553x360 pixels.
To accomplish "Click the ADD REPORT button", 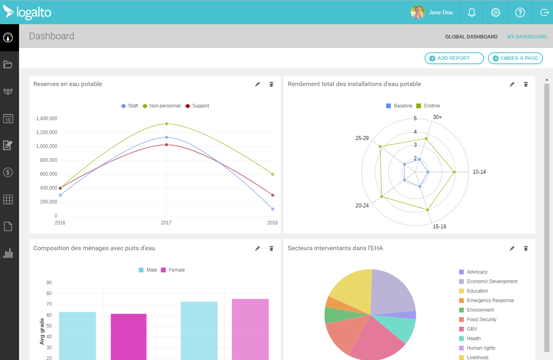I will pyautogui.click(x=454, y=58).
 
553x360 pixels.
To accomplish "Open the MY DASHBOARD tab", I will pyautogui.click(x=526, y=37).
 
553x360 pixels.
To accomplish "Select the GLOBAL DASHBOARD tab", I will pyautogui.click(x=471, y=37).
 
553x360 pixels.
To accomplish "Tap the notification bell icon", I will pyautogui.click(x=471, y=13).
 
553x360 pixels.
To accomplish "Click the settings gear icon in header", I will pyautogui.click(x=496, y=13).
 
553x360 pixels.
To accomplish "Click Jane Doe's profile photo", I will pyautogui.click(x=417, y=12).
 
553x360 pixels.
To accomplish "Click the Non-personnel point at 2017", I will pyautogui.click(x=166, y=124).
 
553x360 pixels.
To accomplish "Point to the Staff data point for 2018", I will pyautogui.click(x=273, y=209).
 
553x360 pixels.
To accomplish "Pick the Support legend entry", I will pyautogui.click(x=197, y=106).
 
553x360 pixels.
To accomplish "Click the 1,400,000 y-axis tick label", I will pyautogui.click(x=47, y=119).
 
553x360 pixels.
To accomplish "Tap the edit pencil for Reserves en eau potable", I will pyautogui.click(x=258, y=84).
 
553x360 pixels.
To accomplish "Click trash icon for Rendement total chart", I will pyautogui.click(x=526, y=84).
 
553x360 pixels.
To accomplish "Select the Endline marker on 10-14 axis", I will pyautogui.click(x=454, y=172).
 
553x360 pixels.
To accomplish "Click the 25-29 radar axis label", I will pyautogui.click(x=362, y=138).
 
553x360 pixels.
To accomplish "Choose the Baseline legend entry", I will pyautogui.click(x=399, y=106).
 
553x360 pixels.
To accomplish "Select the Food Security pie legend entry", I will pyautogui.click(x=481, y=320).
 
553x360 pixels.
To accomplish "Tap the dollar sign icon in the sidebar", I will pyautogui.click(x=8, y=172).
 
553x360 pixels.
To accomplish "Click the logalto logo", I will pyautogui.click(x=27, y=12).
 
